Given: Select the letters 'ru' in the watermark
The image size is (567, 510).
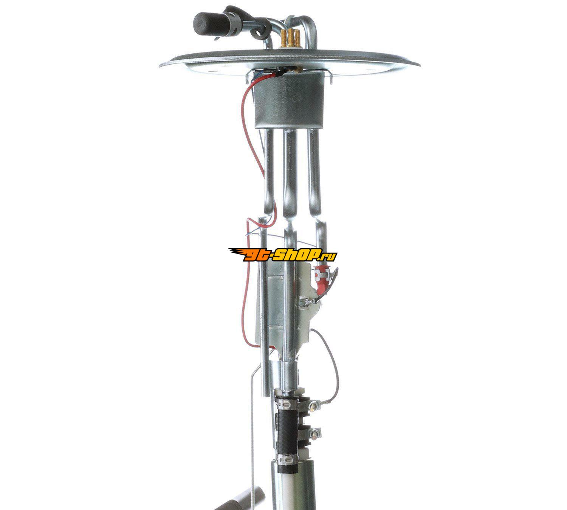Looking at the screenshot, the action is [x=330, y=256].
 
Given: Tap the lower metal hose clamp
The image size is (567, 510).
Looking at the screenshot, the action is [x=285, y=460].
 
